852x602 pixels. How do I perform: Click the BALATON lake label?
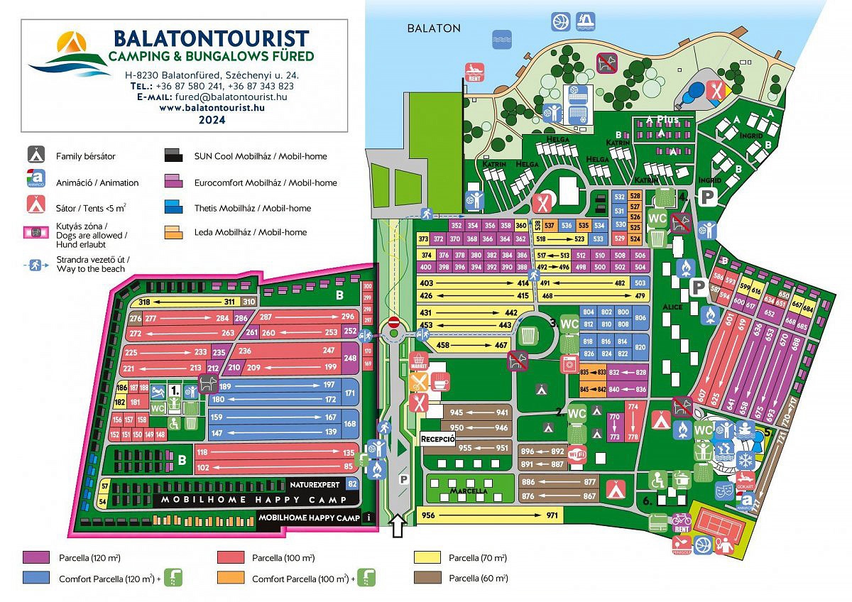pyautogui.click(x=434, y=28)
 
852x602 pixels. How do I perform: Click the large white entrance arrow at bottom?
pyautogui.click(x=398, y=526)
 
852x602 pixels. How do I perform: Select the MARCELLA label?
pyautogui.click(x=468, y=491)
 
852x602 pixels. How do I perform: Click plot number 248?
pyautogui.click(x=350, y=359)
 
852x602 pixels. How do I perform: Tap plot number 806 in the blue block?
pyautogui.click(x=640, y=318)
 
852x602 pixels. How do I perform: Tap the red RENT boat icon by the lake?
pyautogui.click(x=474, y=72)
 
